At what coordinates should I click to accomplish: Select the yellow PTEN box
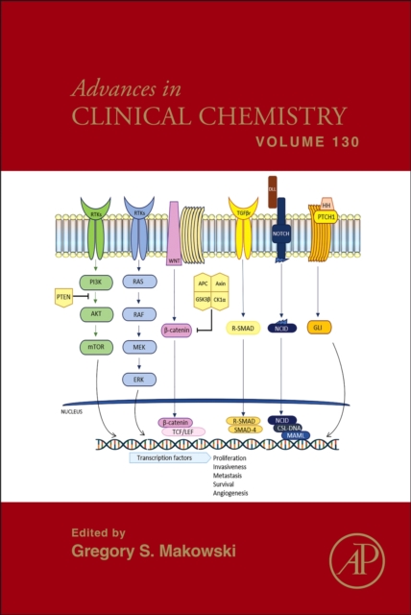pyautogui.click(x=64, y=297)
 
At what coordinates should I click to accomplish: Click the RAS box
pyautogui.click(x=138, y=282)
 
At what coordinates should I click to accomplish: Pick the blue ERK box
pyautogui.click(x=138, y=379)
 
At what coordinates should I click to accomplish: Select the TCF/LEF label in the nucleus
pyautogui.click(x=176, y=431)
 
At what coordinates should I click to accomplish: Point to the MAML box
pyautogui.click(x=295, y=435)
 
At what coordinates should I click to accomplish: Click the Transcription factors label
pyautogui.click(x=168, y=458)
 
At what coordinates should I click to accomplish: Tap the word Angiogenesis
pyautogui.click(x=230, y=493)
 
